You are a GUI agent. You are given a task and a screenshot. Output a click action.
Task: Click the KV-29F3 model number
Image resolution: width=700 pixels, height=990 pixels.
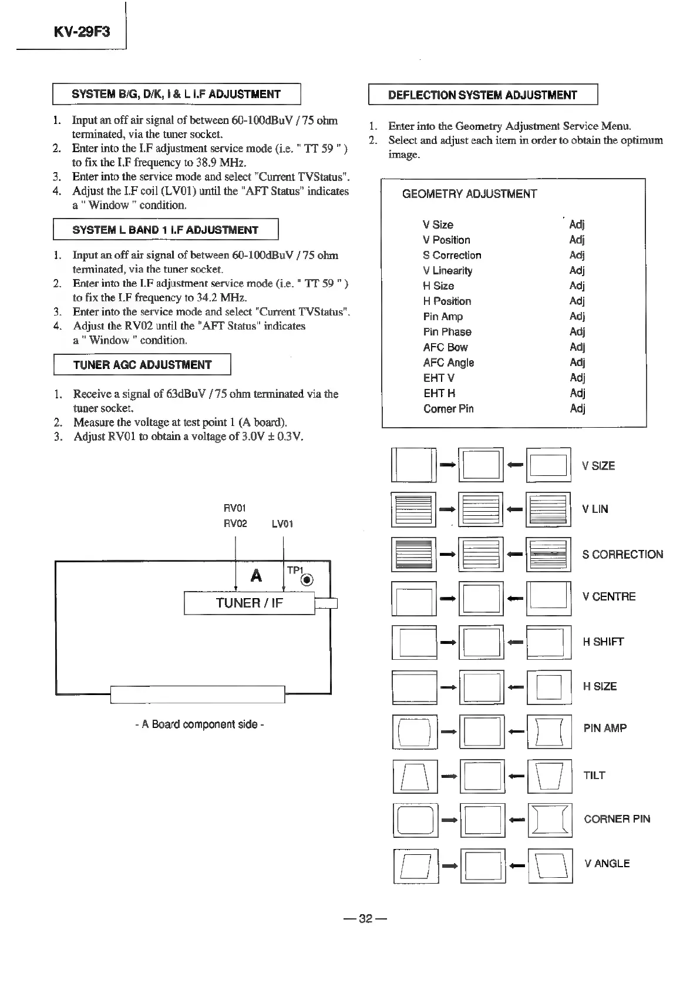81,31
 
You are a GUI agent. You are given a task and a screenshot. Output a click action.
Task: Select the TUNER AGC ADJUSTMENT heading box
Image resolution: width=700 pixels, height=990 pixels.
142,365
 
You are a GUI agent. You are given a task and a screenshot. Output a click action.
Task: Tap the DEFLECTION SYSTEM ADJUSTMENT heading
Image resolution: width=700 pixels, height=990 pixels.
483,95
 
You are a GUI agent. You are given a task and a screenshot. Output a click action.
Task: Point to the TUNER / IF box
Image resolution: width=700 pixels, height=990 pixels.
250,603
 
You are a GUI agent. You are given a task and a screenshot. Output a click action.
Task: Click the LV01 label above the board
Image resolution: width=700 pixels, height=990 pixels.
282,523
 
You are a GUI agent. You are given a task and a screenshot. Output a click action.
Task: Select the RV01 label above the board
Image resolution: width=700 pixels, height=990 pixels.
235,508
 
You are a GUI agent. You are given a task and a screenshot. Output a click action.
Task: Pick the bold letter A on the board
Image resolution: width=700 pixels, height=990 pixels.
256,576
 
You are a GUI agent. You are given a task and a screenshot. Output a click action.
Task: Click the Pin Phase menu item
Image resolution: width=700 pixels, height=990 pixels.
447,332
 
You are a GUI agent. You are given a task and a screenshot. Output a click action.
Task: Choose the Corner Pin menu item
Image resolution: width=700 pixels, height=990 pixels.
448,409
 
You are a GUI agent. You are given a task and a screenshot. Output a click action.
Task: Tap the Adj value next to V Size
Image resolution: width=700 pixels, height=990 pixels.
577,224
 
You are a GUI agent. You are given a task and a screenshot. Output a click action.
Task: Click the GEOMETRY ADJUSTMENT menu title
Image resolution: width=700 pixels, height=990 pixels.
469,194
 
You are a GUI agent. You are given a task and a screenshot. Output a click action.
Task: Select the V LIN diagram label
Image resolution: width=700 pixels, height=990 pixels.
595,509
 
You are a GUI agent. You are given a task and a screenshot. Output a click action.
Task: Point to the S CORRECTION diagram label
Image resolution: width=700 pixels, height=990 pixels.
622,555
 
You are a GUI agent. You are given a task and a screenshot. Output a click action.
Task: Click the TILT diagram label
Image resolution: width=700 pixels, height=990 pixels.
594,776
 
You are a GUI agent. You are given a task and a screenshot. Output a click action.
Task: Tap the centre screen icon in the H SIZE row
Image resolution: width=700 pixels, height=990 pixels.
482,687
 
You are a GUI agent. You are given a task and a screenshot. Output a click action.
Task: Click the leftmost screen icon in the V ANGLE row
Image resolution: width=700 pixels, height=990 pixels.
415,865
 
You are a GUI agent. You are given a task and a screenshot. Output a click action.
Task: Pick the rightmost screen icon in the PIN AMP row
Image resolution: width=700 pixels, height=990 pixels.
549,731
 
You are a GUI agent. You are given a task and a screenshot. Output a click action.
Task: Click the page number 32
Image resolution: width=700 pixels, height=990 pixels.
366,919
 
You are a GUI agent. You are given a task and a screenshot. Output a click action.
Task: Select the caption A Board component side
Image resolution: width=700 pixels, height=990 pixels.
199,724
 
